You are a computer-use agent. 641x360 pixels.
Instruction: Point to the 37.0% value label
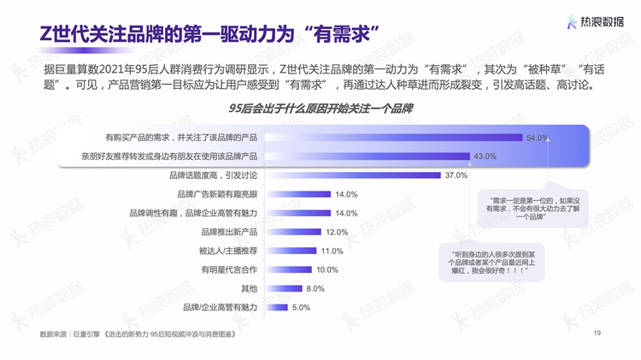click(456, 175)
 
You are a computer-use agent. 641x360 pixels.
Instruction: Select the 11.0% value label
click(332, 251)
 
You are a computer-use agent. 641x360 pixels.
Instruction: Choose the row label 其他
click(249, 288)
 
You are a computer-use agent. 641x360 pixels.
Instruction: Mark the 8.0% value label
click(318, 288)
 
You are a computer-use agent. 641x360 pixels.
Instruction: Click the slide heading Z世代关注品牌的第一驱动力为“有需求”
click(210, 32)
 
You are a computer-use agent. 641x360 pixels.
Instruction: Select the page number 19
click(597, 333)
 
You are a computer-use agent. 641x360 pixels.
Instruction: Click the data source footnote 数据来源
click(137, 333)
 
